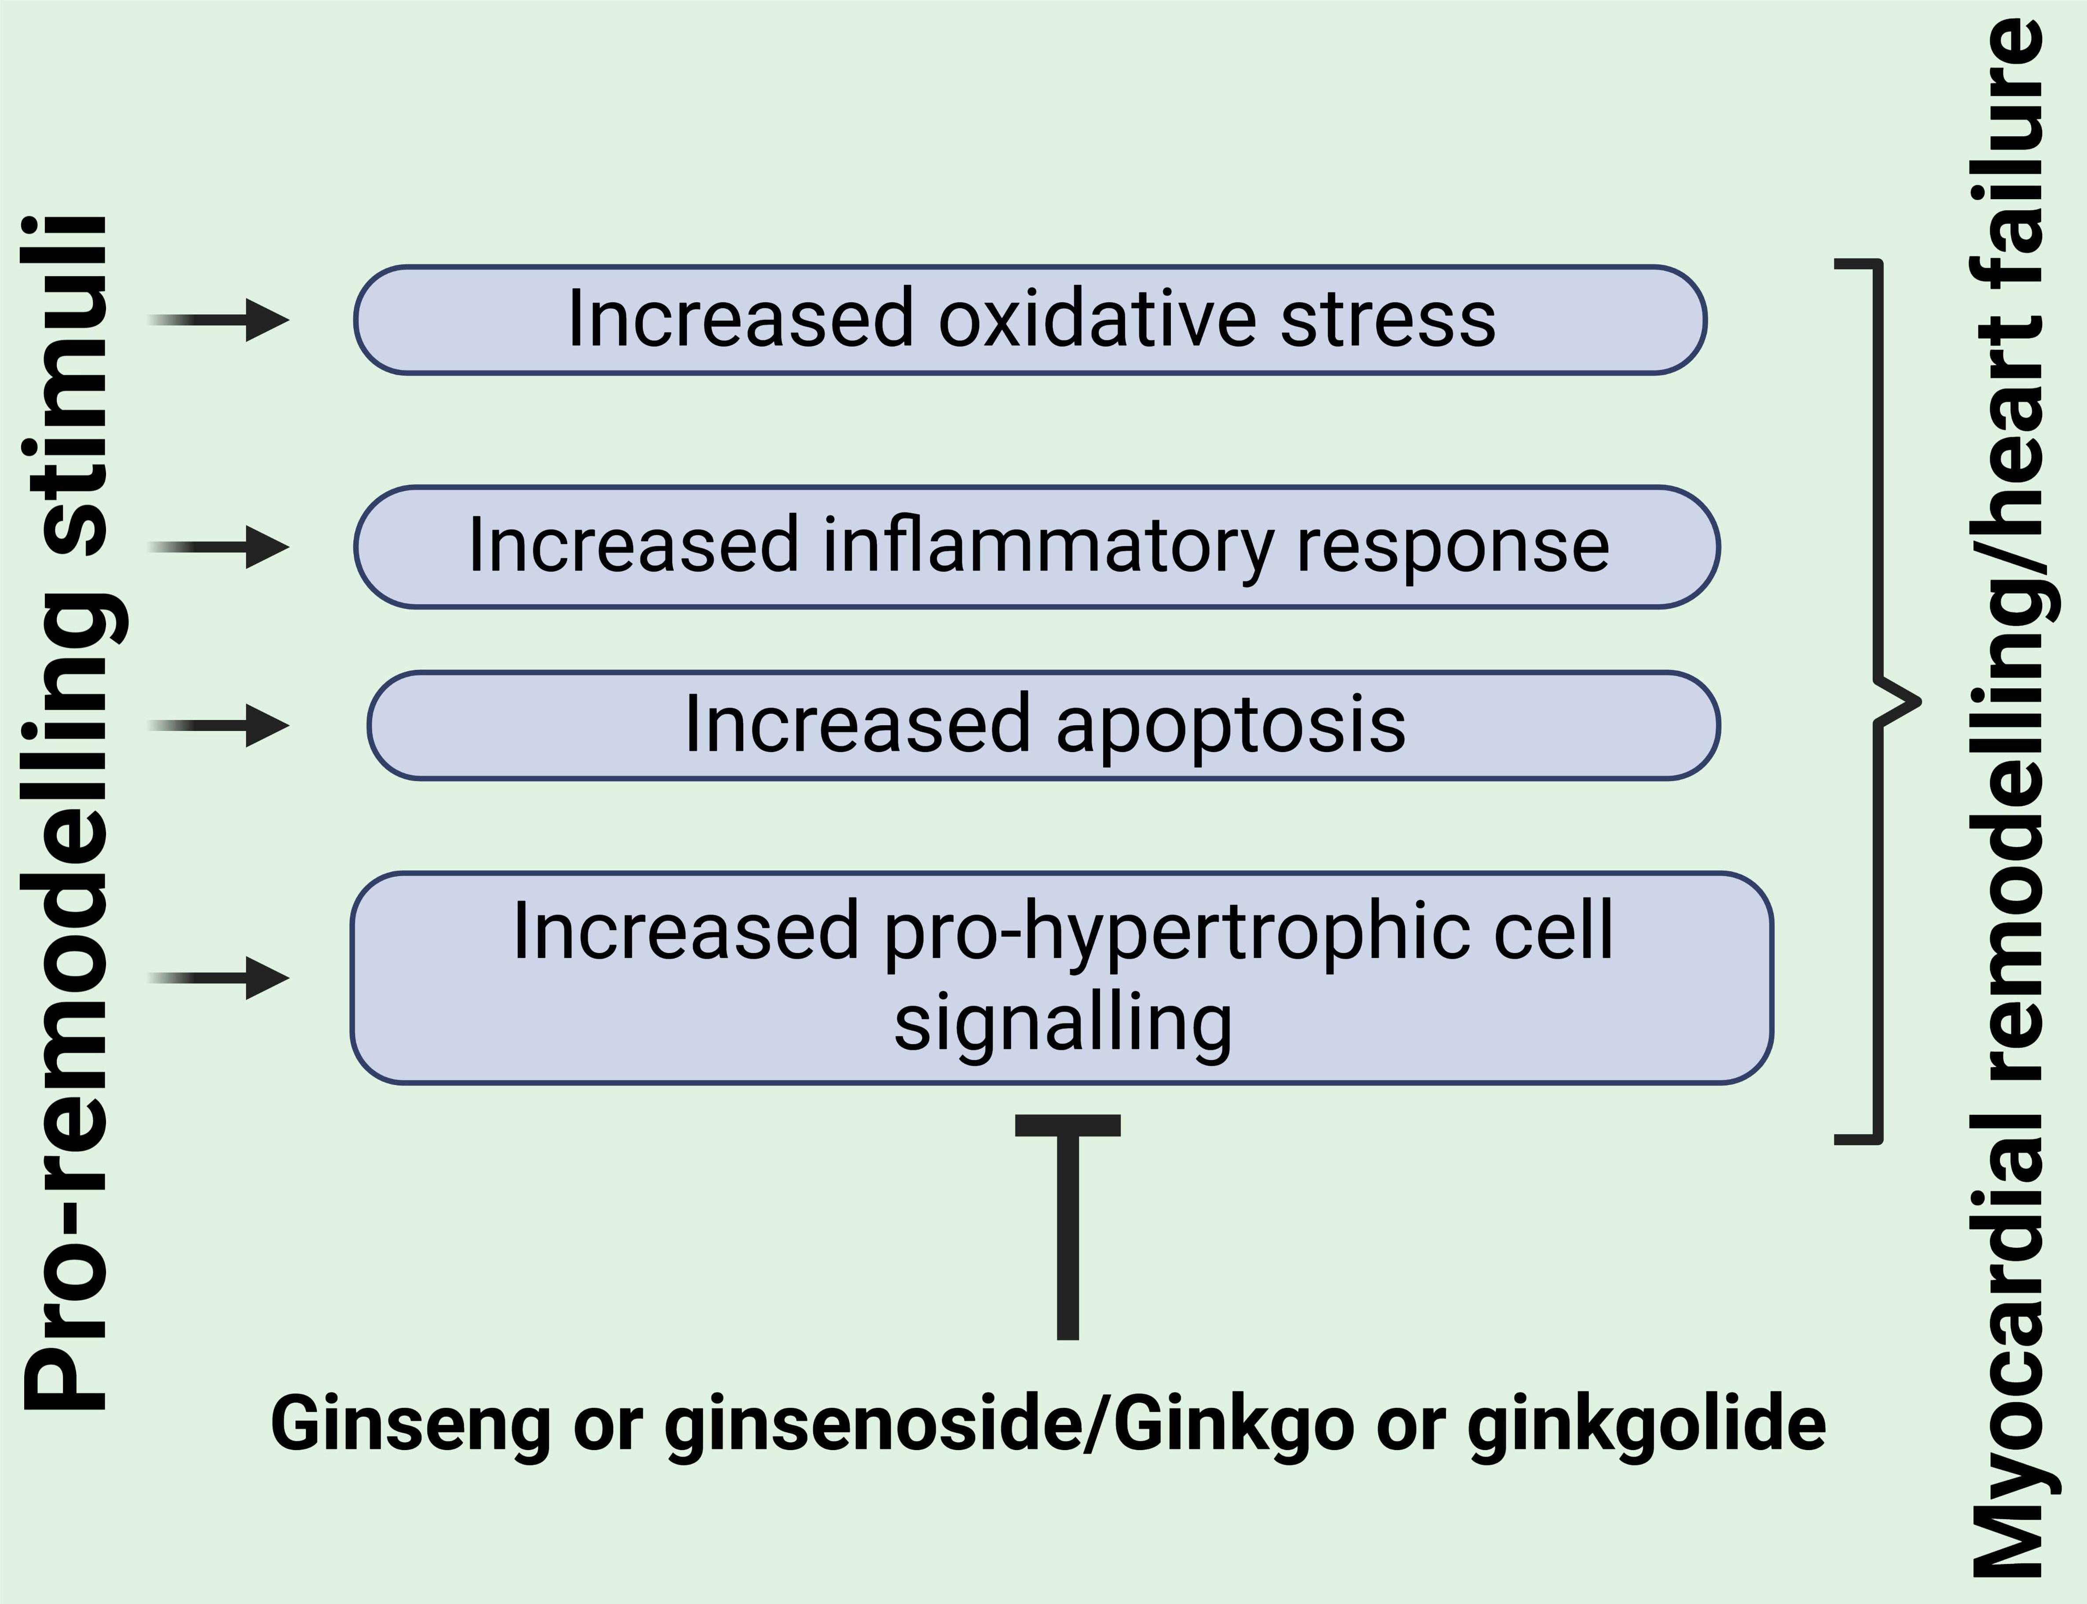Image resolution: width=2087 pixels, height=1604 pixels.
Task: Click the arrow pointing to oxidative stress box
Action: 220,320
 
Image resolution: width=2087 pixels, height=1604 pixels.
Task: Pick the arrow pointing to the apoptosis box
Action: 220,726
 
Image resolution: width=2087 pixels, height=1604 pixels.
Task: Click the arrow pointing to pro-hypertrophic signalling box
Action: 220,978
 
